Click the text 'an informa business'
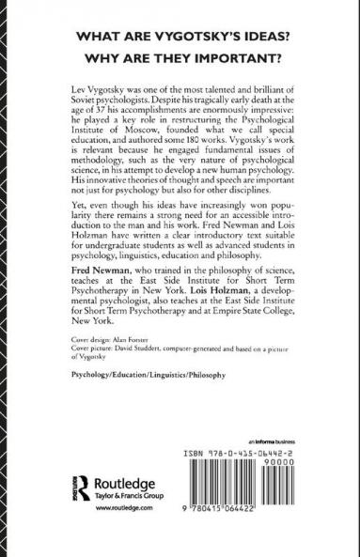coord(271,468)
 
